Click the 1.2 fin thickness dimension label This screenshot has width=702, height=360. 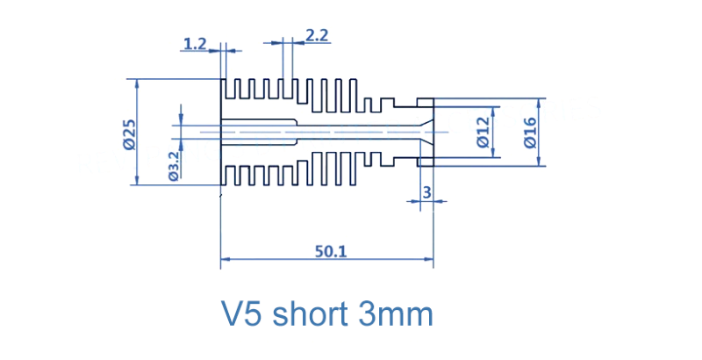[x=194, y=41]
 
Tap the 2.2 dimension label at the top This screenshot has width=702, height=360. [x=317, y=35]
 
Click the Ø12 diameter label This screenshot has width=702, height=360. [x=482, y=133]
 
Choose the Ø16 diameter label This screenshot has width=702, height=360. [x=528, y=133]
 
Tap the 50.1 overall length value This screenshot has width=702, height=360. [x=331, y=250]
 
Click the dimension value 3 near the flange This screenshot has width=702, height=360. [x=426, y=191]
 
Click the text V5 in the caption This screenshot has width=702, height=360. [x=242, y=313]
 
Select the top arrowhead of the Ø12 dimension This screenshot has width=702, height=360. [x=495, y=112]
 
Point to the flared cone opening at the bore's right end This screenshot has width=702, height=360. [x=427, y=132]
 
